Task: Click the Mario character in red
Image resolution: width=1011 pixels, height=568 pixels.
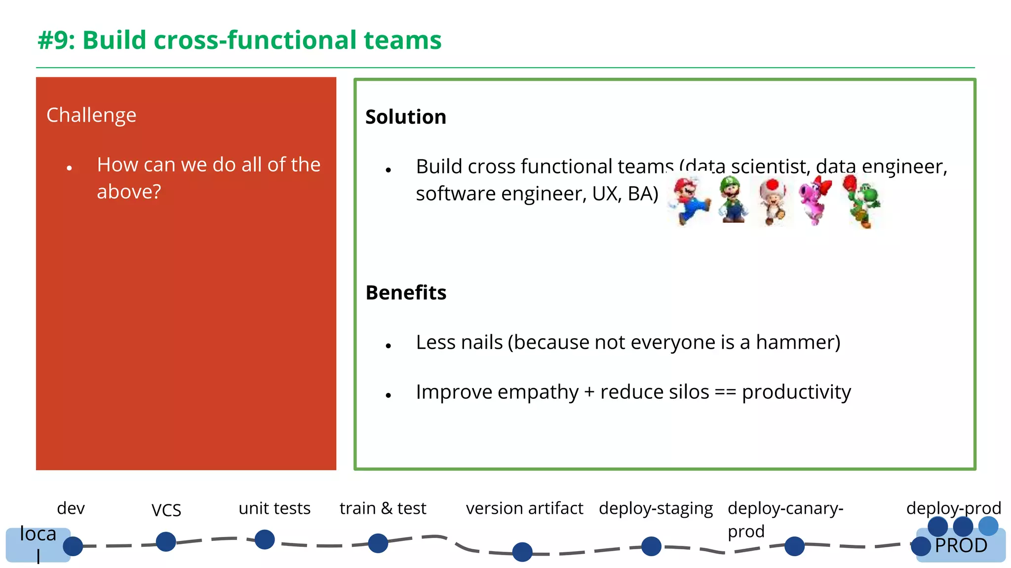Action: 688,201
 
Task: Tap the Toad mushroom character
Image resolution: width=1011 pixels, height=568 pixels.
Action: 773,201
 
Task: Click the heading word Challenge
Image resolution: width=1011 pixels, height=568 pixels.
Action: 91,115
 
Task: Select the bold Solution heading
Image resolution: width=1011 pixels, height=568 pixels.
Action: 405,117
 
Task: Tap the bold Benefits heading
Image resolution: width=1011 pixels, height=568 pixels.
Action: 406,293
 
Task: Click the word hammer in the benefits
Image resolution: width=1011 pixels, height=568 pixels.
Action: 794,342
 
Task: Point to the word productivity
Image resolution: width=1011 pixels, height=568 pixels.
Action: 796,392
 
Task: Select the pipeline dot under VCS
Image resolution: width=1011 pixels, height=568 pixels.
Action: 166,542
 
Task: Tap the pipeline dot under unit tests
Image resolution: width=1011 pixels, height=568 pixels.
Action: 265,540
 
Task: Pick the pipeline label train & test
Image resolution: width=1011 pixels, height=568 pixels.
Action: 383,508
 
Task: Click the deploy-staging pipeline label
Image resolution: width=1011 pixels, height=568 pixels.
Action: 656,508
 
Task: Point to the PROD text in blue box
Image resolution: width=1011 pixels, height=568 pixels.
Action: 961,546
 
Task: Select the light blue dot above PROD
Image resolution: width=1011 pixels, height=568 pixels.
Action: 988,526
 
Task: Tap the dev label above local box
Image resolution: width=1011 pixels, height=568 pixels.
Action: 71,508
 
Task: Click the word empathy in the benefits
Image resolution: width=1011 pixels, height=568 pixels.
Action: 538,392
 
